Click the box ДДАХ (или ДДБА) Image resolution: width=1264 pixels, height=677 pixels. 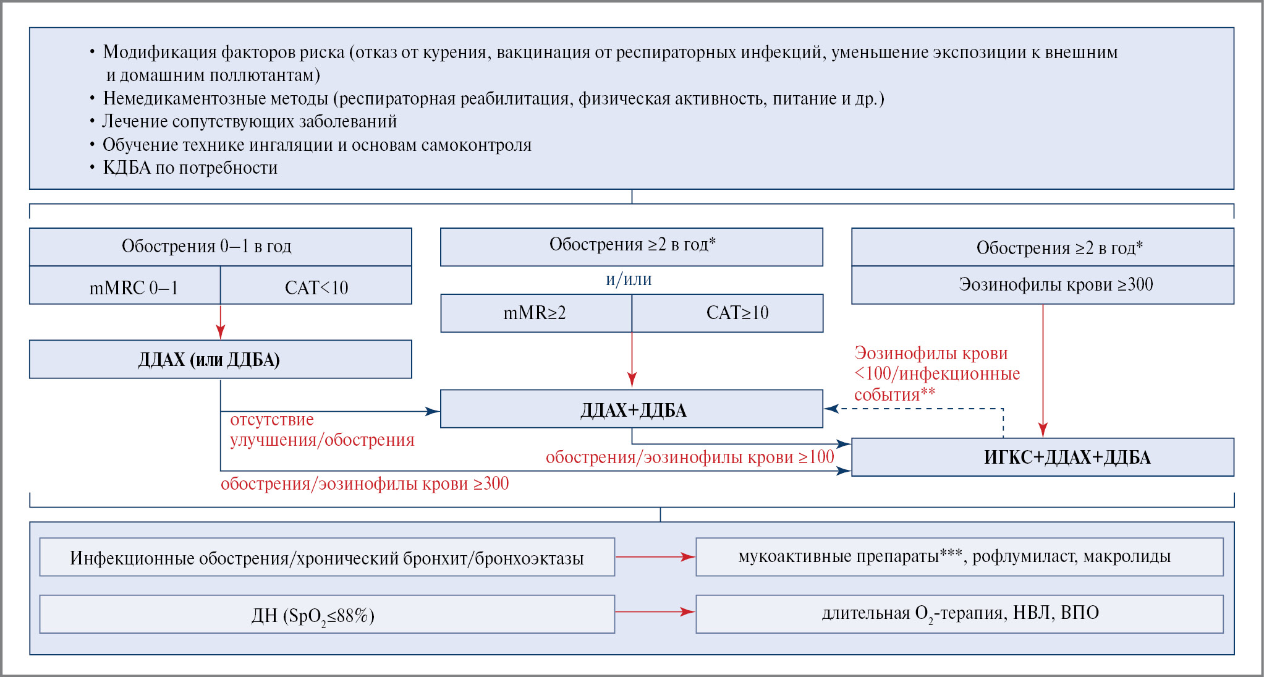point(220,359)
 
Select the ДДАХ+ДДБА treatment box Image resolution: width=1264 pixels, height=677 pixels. point(631,409)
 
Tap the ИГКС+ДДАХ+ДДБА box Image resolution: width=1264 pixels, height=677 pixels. point(1042,458)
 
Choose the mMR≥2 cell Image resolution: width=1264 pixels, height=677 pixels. point(535,313)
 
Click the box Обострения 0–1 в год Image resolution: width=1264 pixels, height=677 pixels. point(220,247)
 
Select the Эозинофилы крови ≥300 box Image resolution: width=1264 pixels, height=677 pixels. point(1042,285)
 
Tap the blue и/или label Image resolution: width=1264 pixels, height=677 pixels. point(629,279)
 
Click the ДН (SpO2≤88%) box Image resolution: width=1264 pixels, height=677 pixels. point(327,615)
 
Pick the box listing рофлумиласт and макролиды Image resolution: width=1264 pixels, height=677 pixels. point(959,557)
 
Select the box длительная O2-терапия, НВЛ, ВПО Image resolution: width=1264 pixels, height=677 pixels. point(959,614)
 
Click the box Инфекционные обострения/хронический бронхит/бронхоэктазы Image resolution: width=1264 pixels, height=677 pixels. point(327,558)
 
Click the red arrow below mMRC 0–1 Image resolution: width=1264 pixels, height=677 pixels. point(221,322)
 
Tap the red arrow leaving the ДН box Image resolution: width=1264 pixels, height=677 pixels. point(655,612)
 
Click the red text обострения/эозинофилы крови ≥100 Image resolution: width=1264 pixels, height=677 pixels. point(690,458)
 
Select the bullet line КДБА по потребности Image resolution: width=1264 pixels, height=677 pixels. point(190,168)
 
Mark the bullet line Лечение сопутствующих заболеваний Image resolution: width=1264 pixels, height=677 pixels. point(249,122)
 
